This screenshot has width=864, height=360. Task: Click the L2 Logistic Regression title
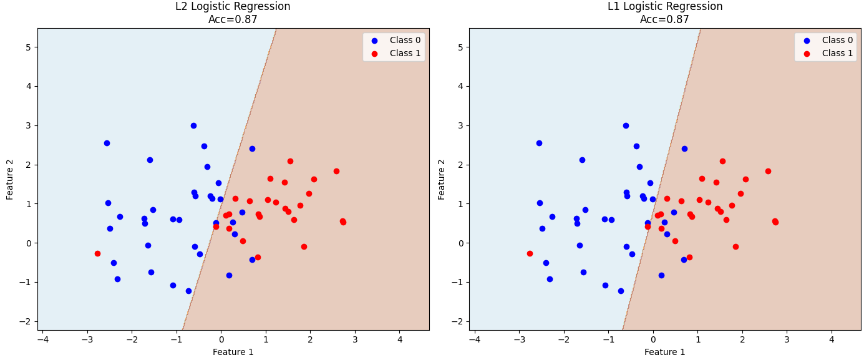pos(233,7)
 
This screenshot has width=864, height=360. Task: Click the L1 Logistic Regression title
pos(664,7)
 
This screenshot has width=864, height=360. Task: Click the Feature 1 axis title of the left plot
pos(233,352)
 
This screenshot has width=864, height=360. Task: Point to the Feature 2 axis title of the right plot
pos(441,180)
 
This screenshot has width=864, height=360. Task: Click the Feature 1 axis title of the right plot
pos(664,352)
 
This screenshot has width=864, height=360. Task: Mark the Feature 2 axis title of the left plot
pos(9,180)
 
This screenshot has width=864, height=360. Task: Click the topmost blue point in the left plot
pos(193,126)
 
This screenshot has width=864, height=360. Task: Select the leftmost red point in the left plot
pos(97,254)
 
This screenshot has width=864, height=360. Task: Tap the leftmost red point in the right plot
pos(530,254)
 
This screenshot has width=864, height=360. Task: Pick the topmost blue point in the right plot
pos(626,126)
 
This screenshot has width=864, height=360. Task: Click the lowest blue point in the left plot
pos(188,291)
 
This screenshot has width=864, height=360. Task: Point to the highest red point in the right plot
pos(722,162)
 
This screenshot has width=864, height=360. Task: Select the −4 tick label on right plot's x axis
pos(475,339)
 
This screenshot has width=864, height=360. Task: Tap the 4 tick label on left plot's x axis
pos(400,339)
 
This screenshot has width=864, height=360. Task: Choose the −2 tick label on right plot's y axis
pos(457,321)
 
